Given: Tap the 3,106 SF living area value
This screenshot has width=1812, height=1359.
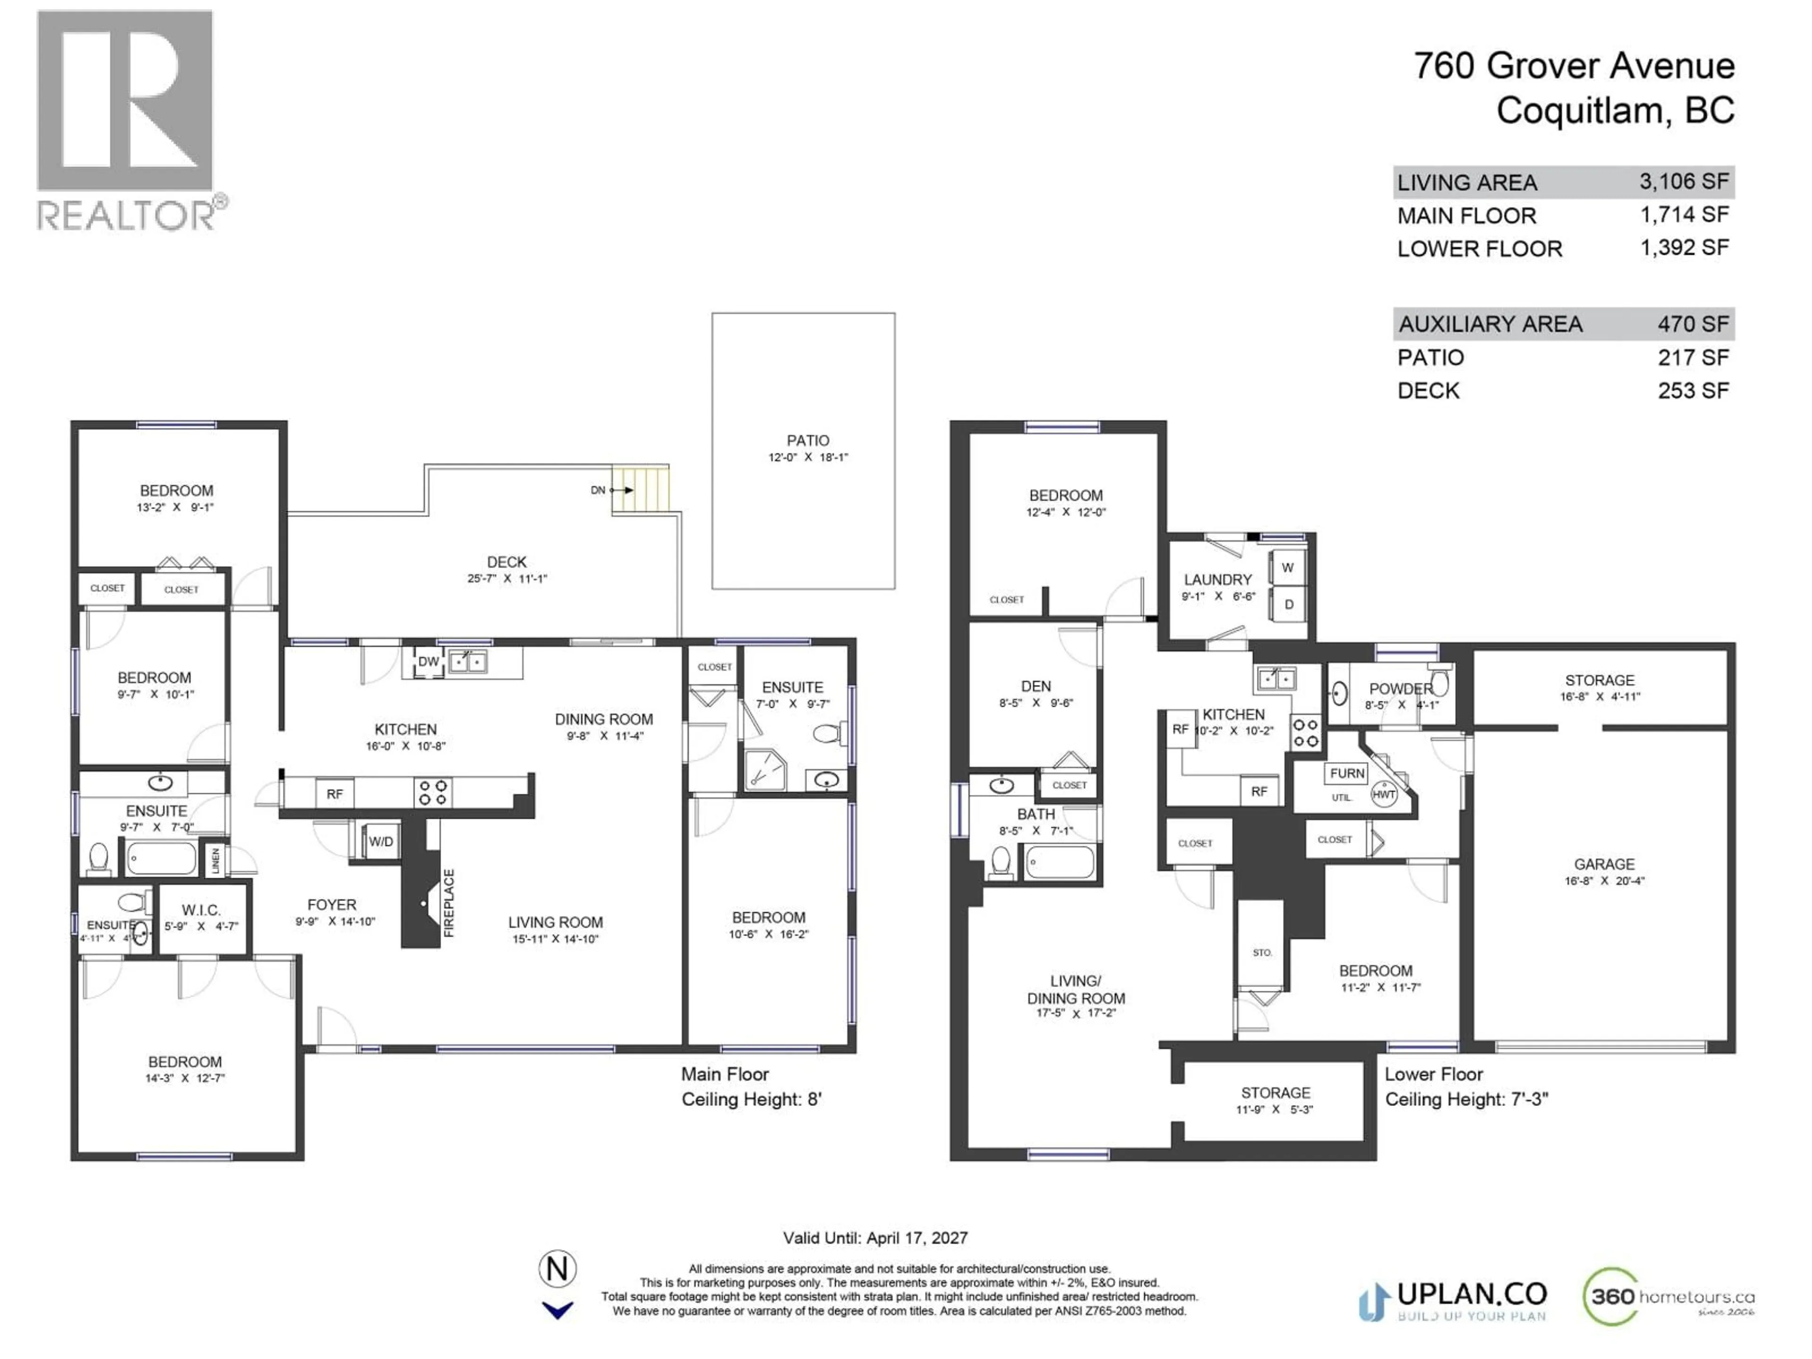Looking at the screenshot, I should [1683, 181].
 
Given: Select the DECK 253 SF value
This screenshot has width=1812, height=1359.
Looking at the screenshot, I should [1693, 391].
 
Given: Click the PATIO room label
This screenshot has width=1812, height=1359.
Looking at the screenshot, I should [807, 441].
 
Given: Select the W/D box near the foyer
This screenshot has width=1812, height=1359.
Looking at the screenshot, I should [380, 841].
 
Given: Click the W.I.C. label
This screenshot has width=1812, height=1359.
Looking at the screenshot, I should [201, 910].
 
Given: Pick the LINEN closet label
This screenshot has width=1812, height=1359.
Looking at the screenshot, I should [216, 860].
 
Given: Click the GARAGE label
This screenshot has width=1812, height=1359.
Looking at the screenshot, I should [1603, 864].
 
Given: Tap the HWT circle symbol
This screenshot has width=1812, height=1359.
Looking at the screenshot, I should [1383, 794].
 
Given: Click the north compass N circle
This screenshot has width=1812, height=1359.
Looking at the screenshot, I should [557, 1269].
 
